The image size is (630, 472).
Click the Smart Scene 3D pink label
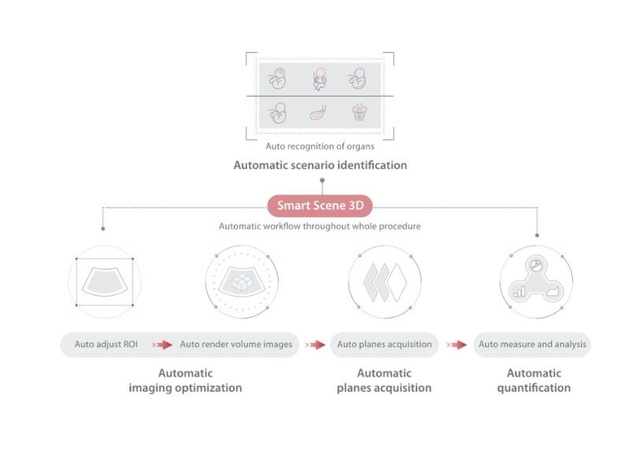pyautogui.click(x=320, y=206)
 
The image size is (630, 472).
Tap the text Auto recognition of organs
pyautogui.click(x=319, y=146)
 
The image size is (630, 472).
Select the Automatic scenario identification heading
pyautogui.click(x=320, y=165)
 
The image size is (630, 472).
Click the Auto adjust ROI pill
pyautogui.click(x=106, y=344)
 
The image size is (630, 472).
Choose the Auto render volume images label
pyautogui.click(x=236, y=344)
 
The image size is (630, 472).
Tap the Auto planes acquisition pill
pyautogui.click(x=384, y=344)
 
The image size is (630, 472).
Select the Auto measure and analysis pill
pyautogui.click(x=532, y=344)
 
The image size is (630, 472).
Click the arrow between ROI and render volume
pyautogui.click(x=163, y=345)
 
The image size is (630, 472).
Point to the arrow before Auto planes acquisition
pyautogui.click(x=315, y=345)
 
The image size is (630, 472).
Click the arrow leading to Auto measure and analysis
pyautogui.click(x=456, y=345)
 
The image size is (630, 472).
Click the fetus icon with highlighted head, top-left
pyautogui.click(x=276, y=79)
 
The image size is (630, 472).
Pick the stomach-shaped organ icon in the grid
pyautogui.click(x=319, y=112)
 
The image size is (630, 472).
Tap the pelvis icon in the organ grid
pyautogui.click(x=361, y=112)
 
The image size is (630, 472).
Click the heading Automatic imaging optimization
pyautogui.click(x=185, y=380)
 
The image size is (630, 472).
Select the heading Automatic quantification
pyautogui.click(x=534, y=380)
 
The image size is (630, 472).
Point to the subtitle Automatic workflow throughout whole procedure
pyautogui.click(x=319, y=227)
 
